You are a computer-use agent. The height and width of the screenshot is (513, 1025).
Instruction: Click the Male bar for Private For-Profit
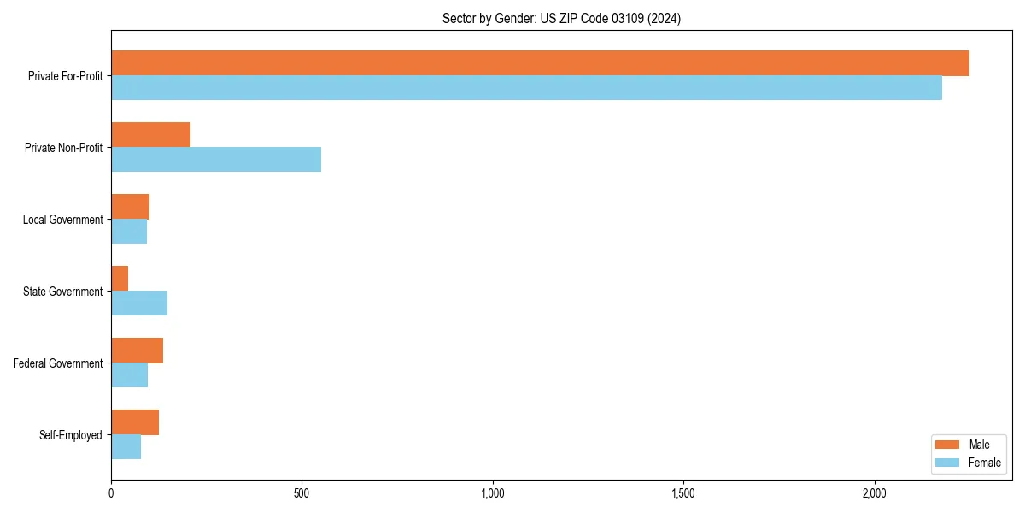pyautogui.click(x=540, y=63)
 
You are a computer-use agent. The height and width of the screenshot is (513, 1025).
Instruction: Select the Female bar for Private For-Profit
pyautogui.click(x=526, y=88)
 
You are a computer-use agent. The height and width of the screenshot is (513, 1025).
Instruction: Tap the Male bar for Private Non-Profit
pyautogui.click(x=150, y=135)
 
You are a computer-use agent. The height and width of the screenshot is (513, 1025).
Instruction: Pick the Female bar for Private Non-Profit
pyautogui.click(x=216, y=160)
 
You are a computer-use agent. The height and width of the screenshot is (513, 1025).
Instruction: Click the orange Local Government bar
pyautogui.click(x=130, y=207)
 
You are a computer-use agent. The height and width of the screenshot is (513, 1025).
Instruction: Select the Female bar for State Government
pyautogui.click(x=139, y=304)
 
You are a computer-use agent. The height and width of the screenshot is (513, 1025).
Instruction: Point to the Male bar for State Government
pyautogui.click(x=120, y=279)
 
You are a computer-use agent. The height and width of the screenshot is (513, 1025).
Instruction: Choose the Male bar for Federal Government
pyautogui.click(x=137, y=351)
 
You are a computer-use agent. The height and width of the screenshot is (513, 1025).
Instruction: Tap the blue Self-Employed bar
pyautogui.click(x=126, y=447)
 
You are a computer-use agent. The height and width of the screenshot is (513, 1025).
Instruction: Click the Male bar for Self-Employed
pyautogui.click(x=135, y=422)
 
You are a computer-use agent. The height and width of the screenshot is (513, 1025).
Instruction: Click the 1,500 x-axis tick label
pyautogui.click(x=682, y=493)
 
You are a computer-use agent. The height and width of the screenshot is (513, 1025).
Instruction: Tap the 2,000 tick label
pyautogui.click(x=874, y=493)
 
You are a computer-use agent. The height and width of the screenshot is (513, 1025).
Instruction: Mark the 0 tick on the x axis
pyautogui.click(x=111, y=493)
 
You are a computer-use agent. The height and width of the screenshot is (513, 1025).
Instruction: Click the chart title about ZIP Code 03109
pyautogui.click(x=561, y=18)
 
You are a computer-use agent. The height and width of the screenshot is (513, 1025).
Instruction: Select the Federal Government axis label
pyautogui.click(x=58, y=363)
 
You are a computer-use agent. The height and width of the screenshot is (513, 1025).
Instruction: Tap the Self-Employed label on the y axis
pyautogui.click(x=71, y=435)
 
